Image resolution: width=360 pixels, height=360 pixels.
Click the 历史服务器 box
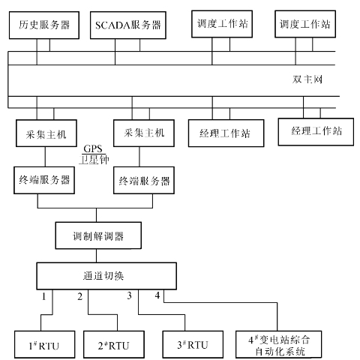[x=44, y=25]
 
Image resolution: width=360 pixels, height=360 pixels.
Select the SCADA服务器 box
[x=128, y=25]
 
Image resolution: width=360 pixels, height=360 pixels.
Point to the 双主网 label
[x=307, y=79]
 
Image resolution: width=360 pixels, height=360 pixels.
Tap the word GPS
[x=93, y=148]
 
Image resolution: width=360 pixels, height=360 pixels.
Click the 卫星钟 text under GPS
[x=94, y=160]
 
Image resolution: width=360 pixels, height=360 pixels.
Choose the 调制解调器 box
[x=98, y=235]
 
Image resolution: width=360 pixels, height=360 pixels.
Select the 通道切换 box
[x=106, y=276]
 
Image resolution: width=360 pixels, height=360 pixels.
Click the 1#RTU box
[x=45, y=344]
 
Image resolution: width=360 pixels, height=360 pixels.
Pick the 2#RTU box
[x=114, y=344]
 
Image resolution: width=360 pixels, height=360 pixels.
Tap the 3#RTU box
[x=193, y=344]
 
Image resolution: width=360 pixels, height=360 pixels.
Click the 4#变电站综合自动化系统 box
[x=278, y=344]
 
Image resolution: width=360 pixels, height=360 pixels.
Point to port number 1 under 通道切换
[x=44, y=296]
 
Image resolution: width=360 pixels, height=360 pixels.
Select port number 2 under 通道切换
[x=80, y=296]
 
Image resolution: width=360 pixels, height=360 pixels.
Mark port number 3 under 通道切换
[x=129, y=295]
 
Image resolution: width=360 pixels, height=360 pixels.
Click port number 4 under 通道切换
[x=157, y=295]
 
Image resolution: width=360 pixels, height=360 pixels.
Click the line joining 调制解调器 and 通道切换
[x=97, y=256]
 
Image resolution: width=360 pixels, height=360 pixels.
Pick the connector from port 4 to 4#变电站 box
[x=220, y=303]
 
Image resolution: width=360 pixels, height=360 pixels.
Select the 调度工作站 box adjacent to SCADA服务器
[x=222, y=24]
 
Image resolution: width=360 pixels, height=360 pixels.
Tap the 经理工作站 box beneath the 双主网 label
[x=316, y=132]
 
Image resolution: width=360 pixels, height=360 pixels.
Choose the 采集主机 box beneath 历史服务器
[x=46, y=133]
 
